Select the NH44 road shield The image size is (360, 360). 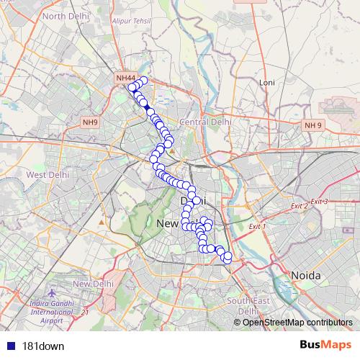(125, 78)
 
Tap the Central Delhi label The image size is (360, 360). (205, 122)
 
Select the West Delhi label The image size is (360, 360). (48, 174)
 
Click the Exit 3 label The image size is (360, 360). (319, 201)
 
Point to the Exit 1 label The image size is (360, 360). (257, 227)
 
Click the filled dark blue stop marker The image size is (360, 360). (147, 107)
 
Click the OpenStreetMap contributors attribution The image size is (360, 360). (297, 322)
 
